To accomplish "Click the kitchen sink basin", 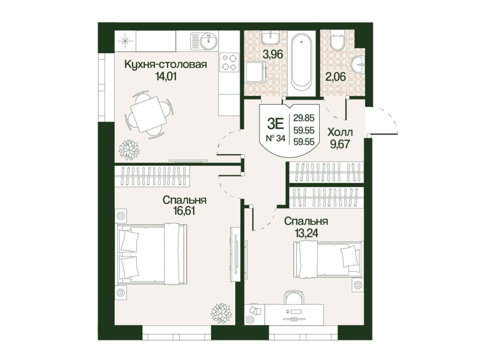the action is pyautogui.click(x=209, y=41).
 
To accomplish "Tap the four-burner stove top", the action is pyautogui.click(x=229, y=62).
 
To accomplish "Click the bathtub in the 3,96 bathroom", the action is pyautogui.click(x=302, y=61).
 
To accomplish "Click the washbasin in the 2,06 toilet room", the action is pyautogui.click(x=358, y=65).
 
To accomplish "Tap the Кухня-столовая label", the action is pyautogui.click(x=166, y=64).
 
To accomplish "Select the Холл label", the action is pyautogui.click(x=340, y=132).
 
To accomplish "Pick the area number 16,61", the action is pyautogui.click(x=183, y=211).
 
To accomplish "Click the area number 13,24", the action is pyautogui.click(x=306, y=233).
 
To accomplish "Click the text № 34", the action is pyautogui.click(x=276, y=139).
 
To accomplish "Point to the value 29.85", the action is pyautogui.click(x=304, y=118).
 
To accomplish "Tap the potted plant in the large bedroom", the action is pyautogui.click(x=221, y=313).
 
